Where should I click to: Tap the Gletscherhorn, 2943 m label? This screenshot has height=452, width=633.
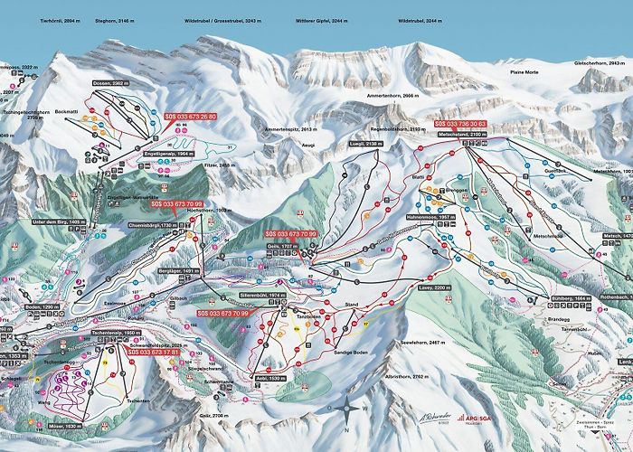(x=601, y=63)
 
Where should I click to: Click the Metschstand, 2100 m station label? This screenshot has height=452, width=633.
(x=463, y=134)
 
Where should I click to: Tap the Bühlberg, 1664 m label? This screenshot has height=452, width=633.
(x=571, y=297)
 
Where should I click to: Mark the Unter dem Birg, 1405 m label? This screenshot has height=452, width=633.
(x=58, y=221)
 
